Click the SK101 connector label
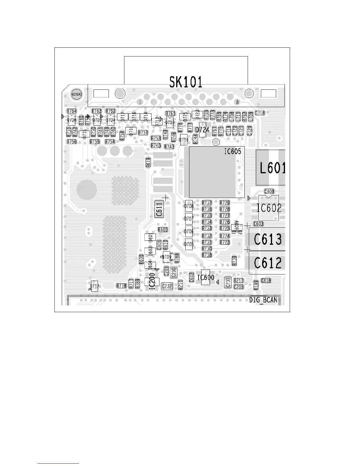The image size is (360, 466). tap(186, 82)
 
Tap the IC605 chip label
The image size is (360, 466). tap(232, 152)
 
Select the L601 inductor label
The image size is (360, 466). tap(272, 168)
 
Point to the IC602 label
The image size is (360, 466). tap(269, 208)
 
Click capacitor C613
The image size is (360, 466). tap(268, 239)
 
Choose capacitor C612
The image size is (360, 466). tap(268, 263)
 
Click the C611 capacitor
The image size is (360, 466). tap(159, 209)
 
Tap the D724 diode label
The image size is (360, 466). tap(202, 130)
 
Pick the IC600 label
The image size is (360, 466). tap(206, 277)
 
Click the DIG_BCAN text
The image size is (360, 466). tap(263, 300)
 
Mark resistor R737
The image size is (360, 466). tap(207, 203)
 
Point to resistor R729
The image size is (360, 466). tap(225, 203)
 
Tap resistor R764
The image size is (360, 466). tap(72, 111)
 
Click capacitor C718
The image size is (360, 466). tap(260, 113)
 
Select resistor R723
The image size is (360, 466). tap(225, 242)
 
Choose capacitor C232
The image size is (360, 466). tap(167, 286)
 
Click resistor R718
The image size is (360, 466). tap(121, 286)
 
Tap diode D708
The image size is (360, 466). tap(189, 206)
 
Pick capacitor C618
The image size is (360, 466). tap(266, 281)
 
